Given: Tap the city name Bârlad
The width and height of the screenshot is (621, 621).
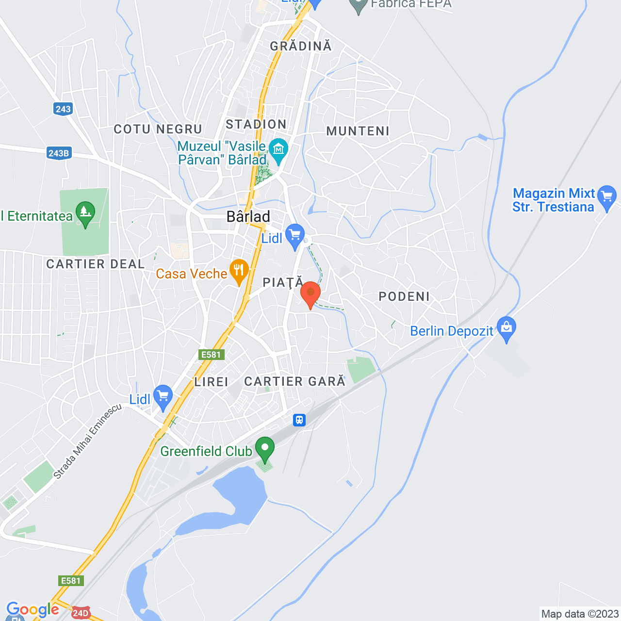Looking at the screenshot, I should tap(248, 216).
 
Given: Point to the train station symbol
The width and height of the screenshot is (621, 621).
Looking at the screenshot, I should tap(299, 420).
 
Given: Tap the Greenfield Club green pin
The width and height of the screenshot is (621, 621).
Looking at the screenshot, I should tap(265, 449).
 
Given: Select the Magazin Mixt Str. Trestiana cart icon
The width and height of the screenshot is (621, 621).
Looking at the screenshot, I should tap(607, 197).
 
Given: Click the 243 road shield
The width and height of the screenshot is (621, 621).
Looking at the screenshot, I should tap(63, 109).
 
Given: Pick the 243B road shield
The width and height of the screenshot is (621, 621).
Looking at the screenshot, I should tap(59, 153).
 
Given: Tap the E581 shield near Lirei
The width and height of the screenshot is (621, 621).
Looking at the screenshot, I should tap(212, 355).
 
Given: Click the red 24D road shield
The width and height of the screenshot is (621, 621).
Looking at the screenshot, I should tap(81, 613).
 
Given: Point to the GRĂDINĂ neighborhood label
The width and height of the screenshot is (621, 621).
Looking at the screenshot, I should tap(301, 46).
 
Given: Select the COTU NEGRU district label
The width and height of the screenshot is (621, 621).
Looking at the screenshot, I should tap(158, 129).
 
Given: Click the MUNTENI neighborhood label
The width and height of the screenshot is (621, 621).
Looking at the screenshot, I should tap(358, 131).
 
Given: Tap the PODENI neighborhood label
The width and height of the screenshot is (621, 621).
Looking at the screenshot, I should tap(404, 296).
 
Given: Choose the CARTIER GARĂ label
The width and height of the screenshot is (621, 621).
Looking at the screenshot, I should tap(294, 381).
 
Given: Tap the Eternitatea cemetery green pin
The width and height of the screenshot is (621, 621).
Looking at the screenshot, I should tap(85, 213).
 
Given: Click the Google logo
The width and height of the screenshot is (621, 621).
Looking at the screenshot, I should tap(33, 610).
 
